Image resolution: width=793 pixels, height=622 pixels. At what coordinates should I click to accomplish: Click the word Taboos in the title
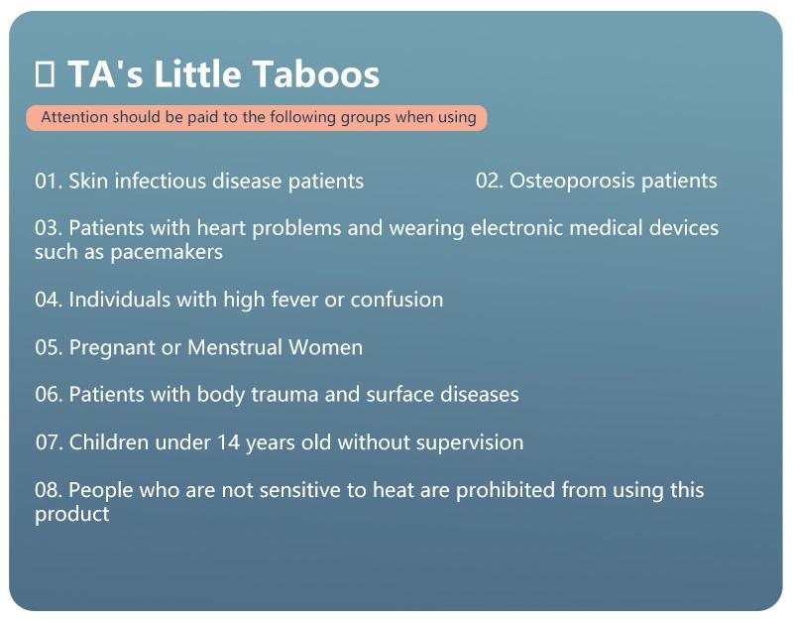click(x=316, y=73)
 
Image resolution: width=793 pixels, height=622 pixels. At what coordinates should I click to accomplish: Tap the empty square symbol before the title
click(x=45, y=73)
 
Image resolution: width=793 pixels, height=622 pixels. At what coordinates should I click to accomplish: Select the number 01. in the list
click(x=49, y=182)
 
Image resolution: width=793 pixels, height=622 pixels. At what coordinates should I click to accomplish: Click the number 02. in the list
click(x=490, y=181)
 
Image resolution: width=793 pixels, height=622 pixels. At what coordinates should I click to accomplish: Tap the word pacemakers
click(x=167, y=252)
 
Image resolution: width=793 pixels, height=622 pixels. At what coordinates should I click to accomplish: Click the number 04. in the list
click(x=49, y=300)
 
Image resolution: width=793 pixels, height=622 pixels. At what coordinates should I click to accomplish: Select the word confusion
click(x=397, y=300)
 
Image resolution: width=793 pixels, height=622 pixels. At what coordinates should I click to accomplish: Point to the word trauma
click(x=284, y=395)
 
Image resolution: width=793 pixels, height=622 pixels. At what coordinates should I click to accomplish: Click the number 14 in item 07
click(x=228, y=442)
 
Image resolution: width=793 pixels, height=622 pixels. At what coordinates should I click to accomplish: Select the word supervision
click(x=470, y=442)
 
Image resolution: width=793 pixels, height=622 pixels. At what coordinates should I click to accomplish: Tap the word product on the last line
click(x=71, y=515)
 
